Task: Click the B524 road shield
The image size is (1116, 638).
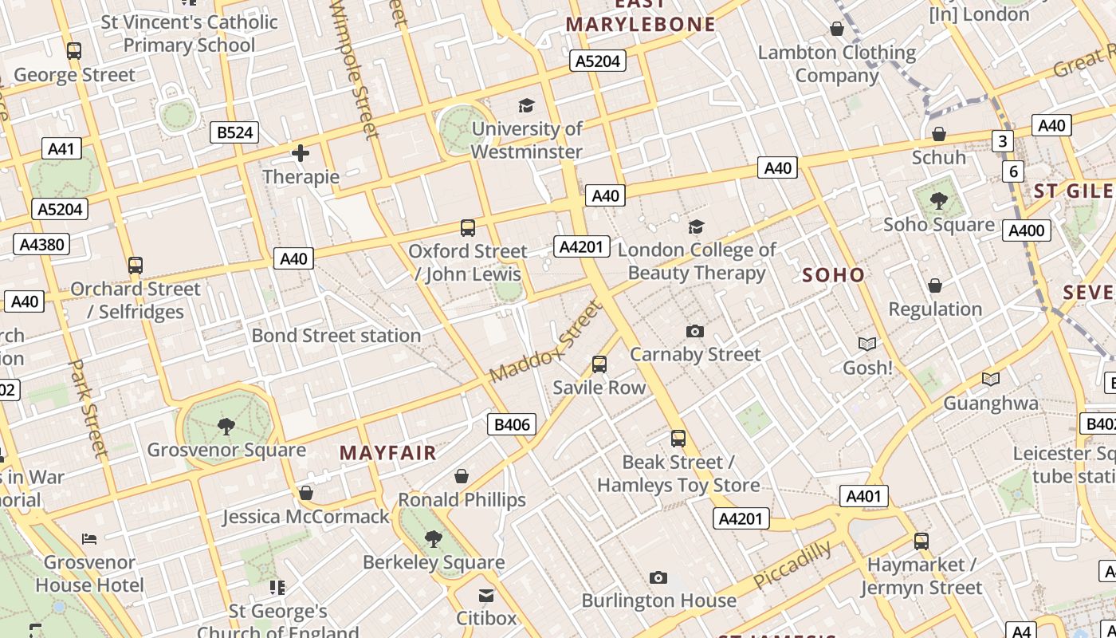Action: (235, 132)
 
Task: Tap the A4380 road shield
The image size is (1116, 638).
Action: (41, 244)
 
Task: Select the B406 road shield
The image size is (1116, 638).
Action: (512, 424)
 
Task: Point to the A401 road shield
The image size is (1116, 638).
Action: (863, 497)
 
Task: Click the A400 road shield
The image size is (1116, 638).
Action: (1027, 231)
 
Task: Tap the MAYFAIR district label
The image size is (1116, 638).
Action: (388, 453)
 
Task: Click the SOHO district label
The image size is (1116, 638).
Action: (833, 275)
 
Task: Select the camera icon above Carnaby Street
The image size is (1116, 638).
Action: (695, 331)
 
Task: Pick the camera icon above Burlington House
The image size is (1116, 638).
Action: (658, 577)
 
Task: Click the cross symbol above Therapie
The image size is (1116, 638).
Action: (301, 153)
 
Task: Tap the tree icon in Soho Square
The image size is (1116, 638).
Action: (939, 200)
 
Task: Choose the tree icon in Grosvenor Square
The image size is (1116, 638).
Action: (226, 426)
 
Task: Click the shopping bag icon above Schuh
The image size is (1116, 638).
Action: (939, 134)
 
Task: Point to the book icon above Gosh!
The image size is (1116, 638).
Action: (867, 344)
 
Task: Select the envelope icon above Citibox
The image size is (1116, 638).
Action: (486, 596)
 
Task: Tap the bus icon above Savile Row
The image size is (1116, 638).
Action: (599, 364)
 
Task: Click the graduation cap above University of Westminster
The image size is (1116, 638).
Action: (526, 105)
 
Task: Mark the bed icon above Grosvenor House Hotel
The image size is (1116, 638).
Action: (89, 539)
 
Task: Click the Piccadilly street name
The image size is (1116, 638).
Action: (792, 564)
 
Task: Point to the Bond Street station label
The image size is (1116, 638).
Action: (336, 336)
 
